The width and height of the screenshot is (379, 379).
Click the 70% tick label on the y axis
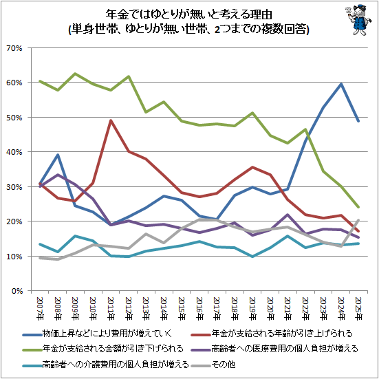[14, 48]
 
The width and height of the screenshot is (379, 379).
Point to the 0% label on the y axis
[17, 291]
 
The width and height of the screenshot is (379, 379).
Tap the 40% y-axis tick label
[14, 152]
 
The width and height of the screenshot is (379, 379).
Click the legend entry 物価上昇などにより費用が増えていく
[98, 334]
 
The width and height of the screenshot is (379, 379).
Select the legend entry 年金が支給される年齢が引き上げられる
[272, 334]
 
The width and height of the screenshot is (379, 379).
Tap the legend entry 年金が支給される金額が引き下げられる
[102, 349]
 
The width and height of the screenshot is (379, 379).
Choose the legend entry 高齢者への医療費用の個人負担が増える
[274, 349]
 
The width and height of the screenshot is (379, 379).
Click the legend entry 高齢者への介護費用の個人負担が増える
[105, 364]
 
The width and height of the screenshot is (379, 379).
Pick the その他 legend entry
[213, 364]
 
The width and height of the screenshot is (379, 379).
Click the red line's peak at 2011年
[111, 120]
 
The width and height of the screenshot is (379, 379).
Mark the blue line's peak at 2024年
[340, 84]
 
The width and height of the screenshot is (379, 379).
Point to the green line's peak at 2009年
[76, 74]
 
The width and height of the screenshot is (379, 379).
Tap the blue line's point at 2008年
[58, 155]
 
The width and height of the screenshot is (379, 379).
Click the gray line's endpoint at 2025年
[358, 220]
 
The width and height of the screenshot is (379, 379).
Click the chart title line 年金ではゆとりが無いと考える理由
[189, 14]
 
